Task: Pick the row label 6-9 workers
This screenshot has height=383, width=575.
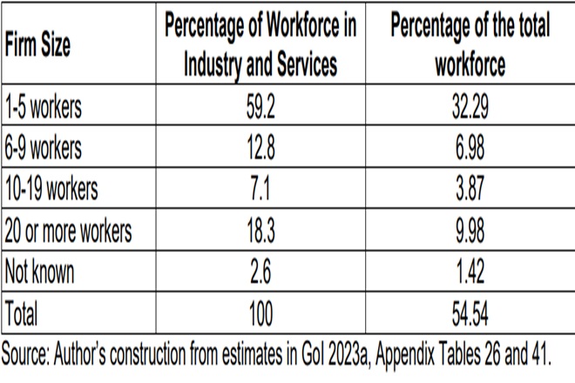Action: (44, 149)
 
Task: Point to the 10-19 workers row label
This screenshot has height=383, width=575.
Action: (51, 190)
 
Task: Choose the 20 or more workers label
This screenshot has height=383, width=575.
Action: (68, 232)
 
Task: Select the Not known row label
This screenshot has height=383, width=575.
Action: (40, 272)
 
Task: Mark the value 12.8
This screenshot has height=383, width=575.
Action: (260, 149)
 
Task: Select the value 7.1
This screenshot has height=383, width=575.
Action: (260, 190)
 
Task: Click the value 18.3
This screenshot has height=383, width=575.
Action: (260, 232)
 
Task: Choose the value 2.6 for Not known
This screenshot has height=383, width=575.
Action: (260, 272)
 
